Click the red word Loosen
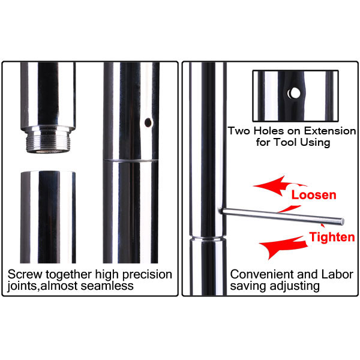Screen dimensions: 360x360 (314, 195)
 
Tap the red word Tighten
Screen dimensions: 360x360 (332, 237)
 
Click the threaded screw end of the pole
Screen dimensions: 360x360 (48, 142)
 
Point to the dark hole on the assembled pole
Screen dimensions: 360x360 (148, 122)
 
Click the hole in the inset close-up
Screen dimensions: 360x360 (293, 93)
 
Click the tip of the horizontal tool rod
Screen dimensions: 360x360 (343, 221)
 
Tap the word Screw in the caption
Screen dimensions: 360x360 (25, 274)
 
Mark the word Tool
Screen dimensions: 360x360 (287, 142)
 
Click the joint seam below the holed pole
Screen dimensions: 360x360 (130, 160)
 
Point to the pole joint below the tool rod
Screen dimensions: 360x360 (208, 238)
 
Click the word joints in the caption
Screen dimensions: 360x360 (22, 286)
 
